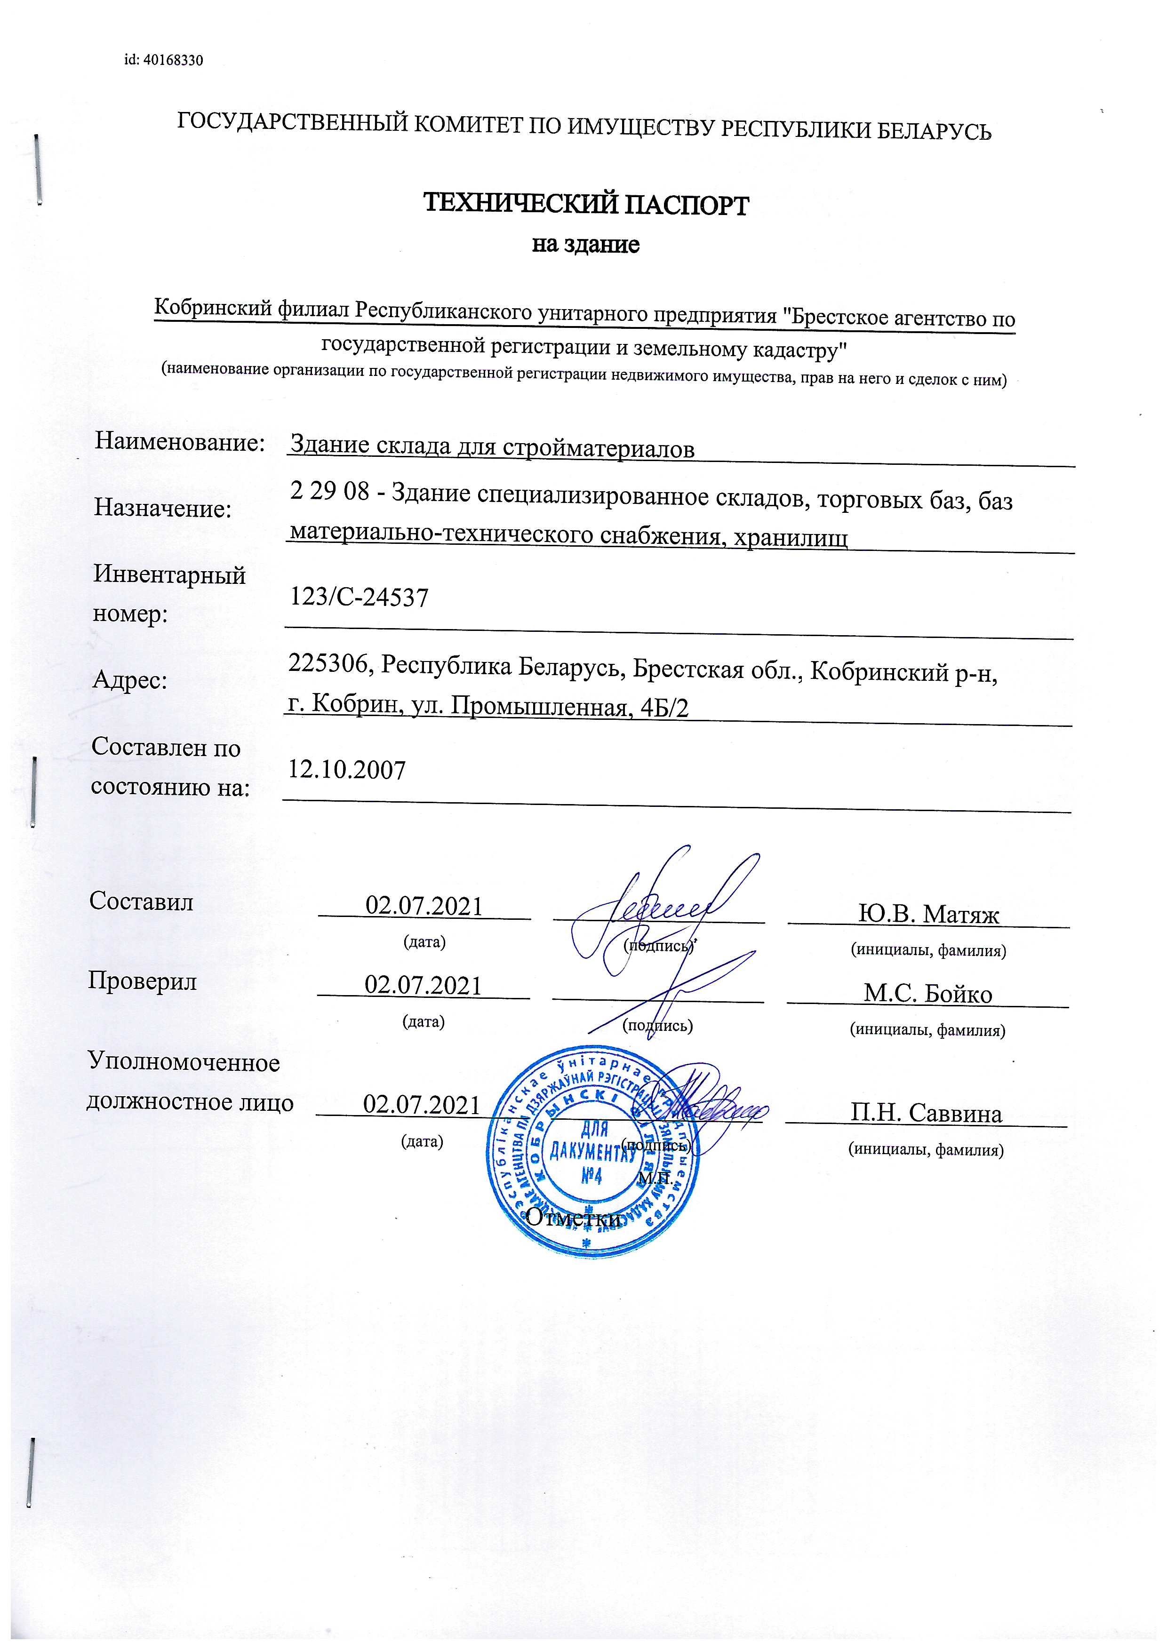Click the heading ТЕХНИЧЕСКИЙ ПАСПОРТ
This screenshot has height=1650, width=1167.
(x=586, y=206)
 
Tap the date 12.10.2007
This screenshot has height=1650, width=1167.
(x=347, y=770)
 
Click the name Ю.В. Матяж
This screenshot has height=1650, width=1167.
(x=928, y=914)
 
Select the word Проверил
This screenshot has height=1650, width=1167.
(x=142, y=981)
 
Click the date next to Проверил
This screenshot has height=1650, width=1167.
(x=423, y=985)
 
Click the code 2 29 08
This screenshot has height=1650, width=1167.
(x=329, y=492)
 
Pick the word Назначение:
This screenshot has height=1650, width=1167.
(x=162, y=509)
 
